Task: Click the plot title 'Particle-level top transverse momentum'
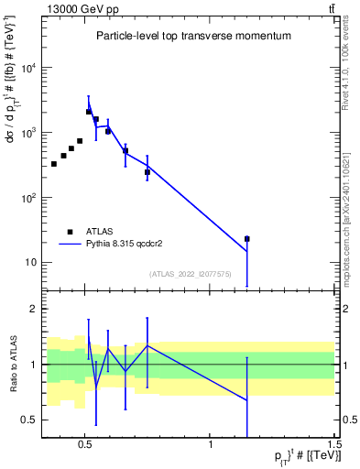[x=193, y=36]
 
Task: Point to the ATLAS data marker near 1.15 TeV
[x=246, y=238]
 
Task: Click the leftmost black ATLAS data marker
[x=54, y=164]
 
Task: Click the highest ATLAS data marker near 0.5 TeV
[x=89, y=112]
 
